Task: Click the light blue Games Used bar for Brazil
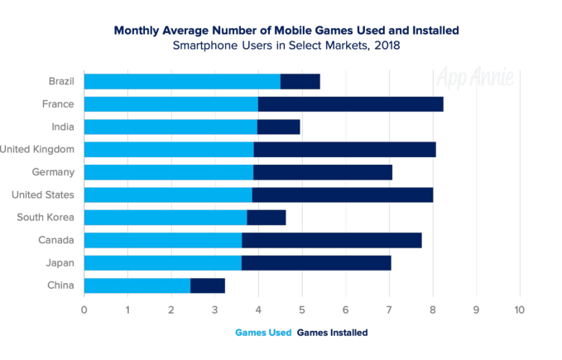182,81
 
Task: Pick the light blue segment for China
137,286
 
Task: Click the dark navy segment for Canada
331,240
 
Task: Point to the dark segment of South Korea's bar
266,218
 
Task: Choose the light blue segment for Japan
162,263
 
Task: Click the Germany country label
52,172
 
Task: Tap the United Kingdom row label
38,149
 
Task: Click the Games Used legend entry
262,332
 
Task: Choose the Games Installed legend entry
332,332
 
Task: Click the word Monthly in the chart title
137,30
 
